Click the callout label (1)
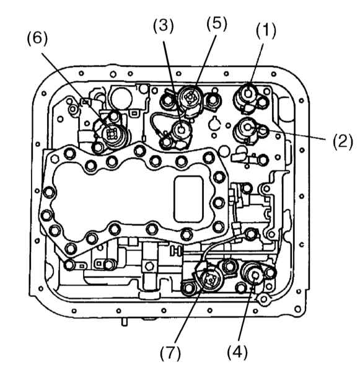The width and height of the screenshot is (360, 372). [266, 32]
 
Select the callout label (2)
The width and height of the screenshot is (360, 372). [343, 141]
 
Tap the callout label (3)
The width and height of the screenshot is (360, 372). [163, 25]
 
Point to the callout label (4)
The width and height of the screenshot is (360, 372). [237, 352]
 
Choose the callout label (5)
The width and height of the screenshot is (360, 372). [217, 24]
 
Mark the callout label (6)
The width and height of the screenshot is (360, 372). [37, 38]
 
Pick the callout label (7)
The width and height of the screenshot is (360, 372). [170, 353]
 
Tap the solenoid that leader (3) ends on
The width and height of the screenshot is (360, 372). [182, 130]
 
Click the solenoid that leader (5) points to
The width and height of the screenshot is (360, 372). [190, 97]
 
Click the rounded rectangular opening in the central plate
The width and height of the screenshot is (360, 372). [189, 199]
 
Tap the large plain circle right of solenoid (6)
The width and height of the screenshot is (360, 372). [121, 97]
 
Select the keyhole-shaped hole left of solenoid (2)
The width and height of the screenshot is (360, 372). [214, 123]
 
